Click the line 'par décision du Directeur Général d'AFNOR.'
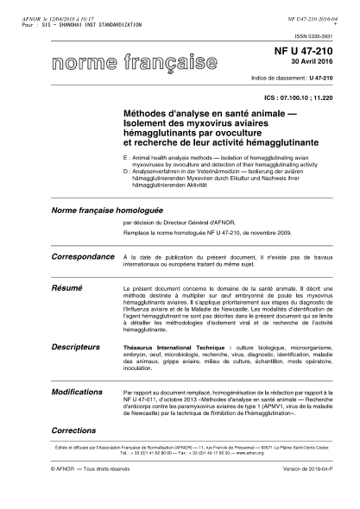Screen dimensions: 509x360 coord(180,222)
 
